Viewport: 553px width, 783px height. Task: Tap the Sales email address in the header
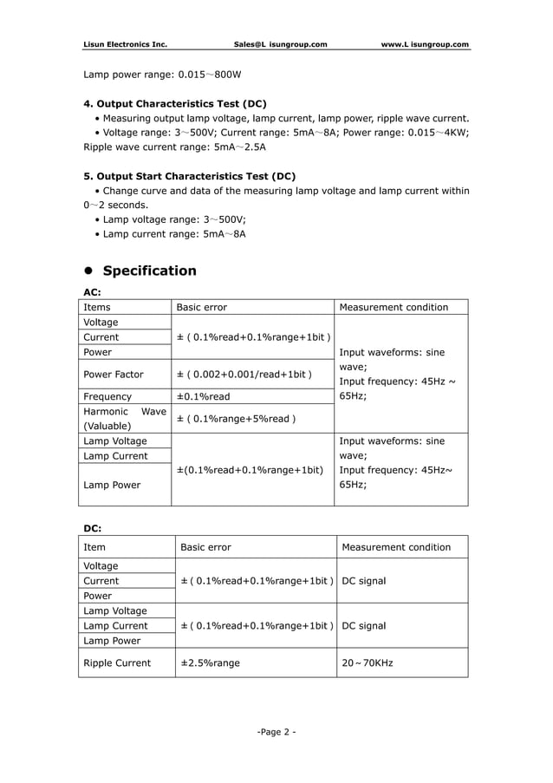click(x=280, y=44)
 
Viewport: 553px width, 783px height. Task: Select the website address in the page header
click(x=425, y=44)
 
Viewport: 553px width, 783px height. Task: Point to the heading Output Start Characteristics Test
click(x=189, y=175)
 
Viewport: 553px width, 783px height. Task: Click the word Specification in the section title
click(x=150, y=271)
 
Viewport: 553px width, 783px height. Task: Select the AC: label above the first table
click(x=92, y=292)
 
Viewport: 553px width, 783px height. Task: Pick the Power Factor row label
click(x=114, y=375)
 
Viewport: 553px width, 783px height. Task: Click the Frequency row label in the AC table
click(x=107, y=396)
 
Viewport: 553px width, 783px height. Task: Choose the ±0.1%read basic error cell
click(x=204, y=396)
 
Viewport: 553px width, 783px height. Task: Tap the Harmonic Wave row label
click(x=124, y=419)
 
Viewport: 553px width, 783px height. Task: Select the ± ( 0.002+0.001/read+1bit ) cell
click(x=244, y=375)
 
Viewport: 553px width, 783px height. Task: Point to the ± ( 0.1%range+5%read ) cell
click(x=236, y=419)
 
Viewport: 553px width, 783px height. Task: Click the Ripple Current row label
click(x=117, y=662)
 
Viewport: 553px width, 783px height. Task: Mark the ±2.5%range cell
click(x=211, y=662)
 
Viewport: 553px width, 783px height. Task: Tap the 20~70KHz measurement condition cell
click(x=368, y=662)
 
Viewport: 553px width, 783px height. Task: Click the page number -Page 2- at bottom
click(x=276, y=733)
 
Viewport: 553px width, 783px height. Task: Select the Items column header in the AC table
click(x=97, y=307)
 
